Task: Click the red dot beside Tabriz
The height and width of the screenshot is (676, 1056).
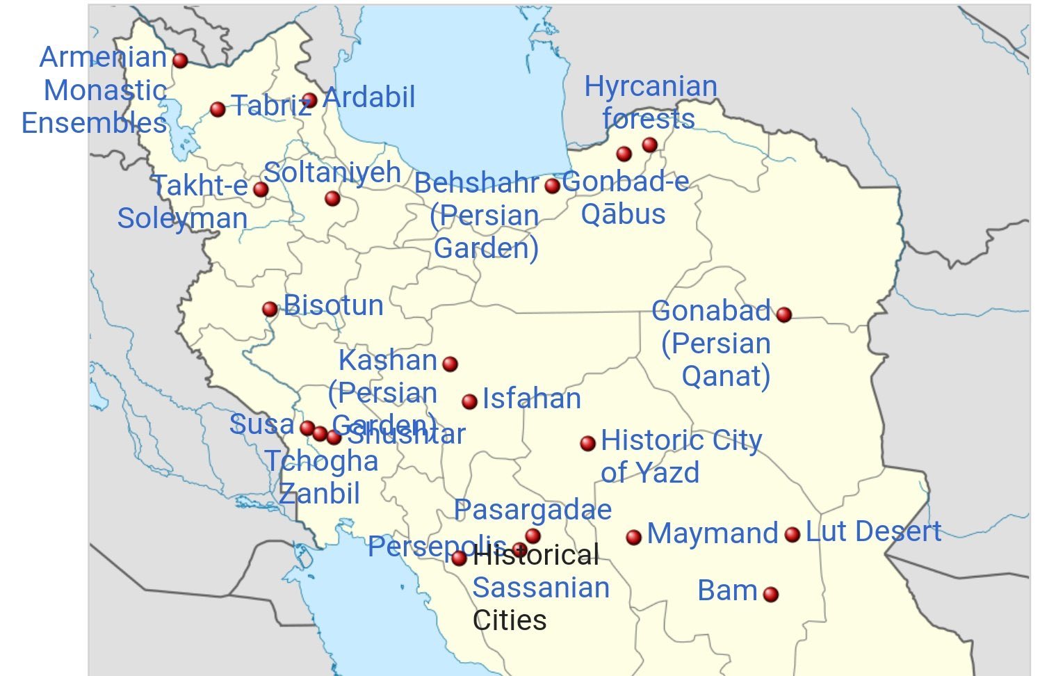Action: pos(218,109)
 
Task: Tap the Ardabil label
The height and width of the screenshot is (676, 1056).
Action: pos(369,97)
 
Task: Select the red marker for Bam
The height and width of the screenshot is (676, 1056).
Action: pos(770,594)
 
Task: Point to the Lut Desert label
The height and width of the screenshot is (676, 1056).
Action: pos(873,531)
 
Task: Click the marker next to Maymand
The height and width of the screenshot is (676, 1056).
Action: pos(633,537)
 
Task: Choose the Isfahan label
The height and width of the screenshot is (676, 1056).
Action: pos(532,399)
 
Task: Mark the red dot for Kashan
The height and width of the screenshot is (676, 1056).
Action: pos(450,364)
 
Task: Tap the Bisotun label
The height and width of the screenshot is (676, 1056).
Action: pos(334,305)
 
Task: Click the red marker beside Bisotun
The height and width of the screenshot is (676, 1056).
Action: pos(270,309)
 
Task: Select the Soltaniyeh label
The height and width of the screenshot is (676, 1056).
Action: pos(332,172)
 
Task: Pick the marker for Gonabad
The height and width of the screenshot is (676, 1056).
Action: pos(783,314)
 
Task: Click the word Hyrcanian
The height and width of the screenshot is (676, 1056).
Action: pos(651,86)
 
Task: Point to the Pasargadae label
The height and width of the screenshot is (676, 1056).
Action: pos(533,510)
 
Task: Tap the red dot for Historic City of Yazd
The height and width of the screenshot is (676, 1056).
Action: pos(587,443)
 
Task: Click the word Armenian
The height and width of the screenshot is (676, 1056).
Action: pos(104,57)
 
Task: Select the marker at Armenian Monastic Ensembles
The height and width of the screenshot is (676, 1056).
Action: pos(180,61)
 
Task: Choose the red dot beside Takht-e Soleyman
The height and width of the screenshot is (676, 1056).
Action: pos(261,189)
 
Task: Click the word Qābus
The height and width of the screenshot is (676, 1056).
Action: pos(623,214)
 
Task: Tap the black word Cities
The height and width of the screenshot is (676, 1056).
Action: pos(510,620)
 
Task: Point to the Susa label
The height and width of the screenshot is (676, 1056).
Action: pos(261,424)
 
